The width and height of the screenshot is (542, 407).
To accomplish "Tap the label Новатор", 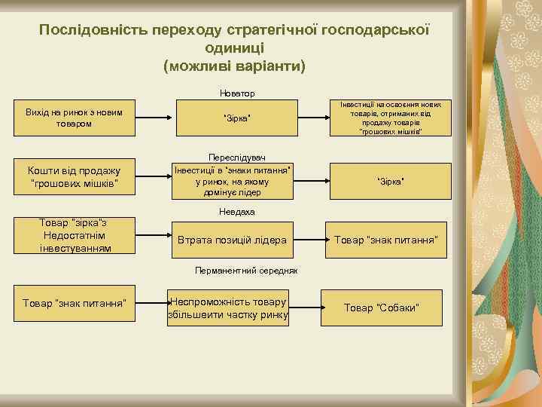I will click(x=236, y=93).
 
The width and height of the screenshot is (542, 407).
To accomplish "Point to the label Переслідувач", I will click(x=233, y=154).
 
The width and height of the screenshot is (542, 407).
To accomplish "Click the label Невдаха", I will click(x=236, y=212).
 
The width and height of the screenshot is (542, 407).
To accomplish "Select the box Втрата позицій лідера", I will click(x=232, y=240).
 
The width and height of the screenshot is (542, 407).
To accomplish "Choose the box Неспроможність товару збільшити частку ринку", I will click(x=228, y=307).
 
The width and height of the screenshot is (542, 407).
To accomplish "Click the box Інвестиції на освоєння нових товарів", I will click(x=391, y=118).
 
